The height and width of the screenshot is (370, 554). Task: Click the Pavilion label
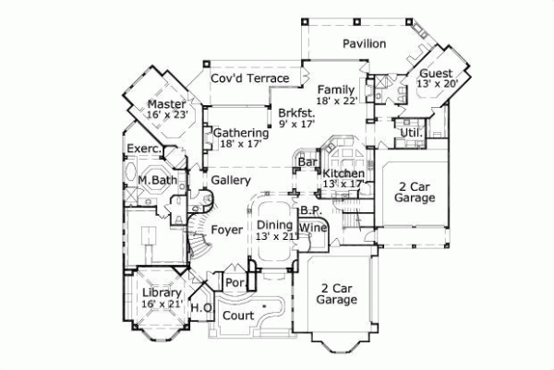pyautogui.click(x=364, y=43)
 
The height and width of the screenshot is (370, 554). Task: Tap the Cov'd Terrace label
pyautogui.click(x=250, y=79)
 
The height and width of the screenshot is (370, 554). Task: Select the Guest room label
pyautogui.click(x=436, y=73)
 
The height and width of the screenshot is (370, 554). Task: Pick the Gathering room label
pyautogui.click(x=241, y=133)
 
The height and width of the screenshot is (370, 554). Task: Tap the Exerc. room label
pyautogui.click(x=145, y=149)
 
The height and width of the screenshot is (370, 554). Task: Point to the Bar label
pyautogui.click(x=307, y=163)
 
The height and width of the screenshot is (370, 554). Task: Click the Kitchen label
pyautogui.click(x=343, y=173)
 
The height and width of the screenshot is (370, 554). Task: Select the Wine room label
pyautogui.click(x=313, y=226)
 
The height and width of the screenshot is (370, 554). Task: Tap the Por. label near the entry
pyautogui.click(x=235, y=282)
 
